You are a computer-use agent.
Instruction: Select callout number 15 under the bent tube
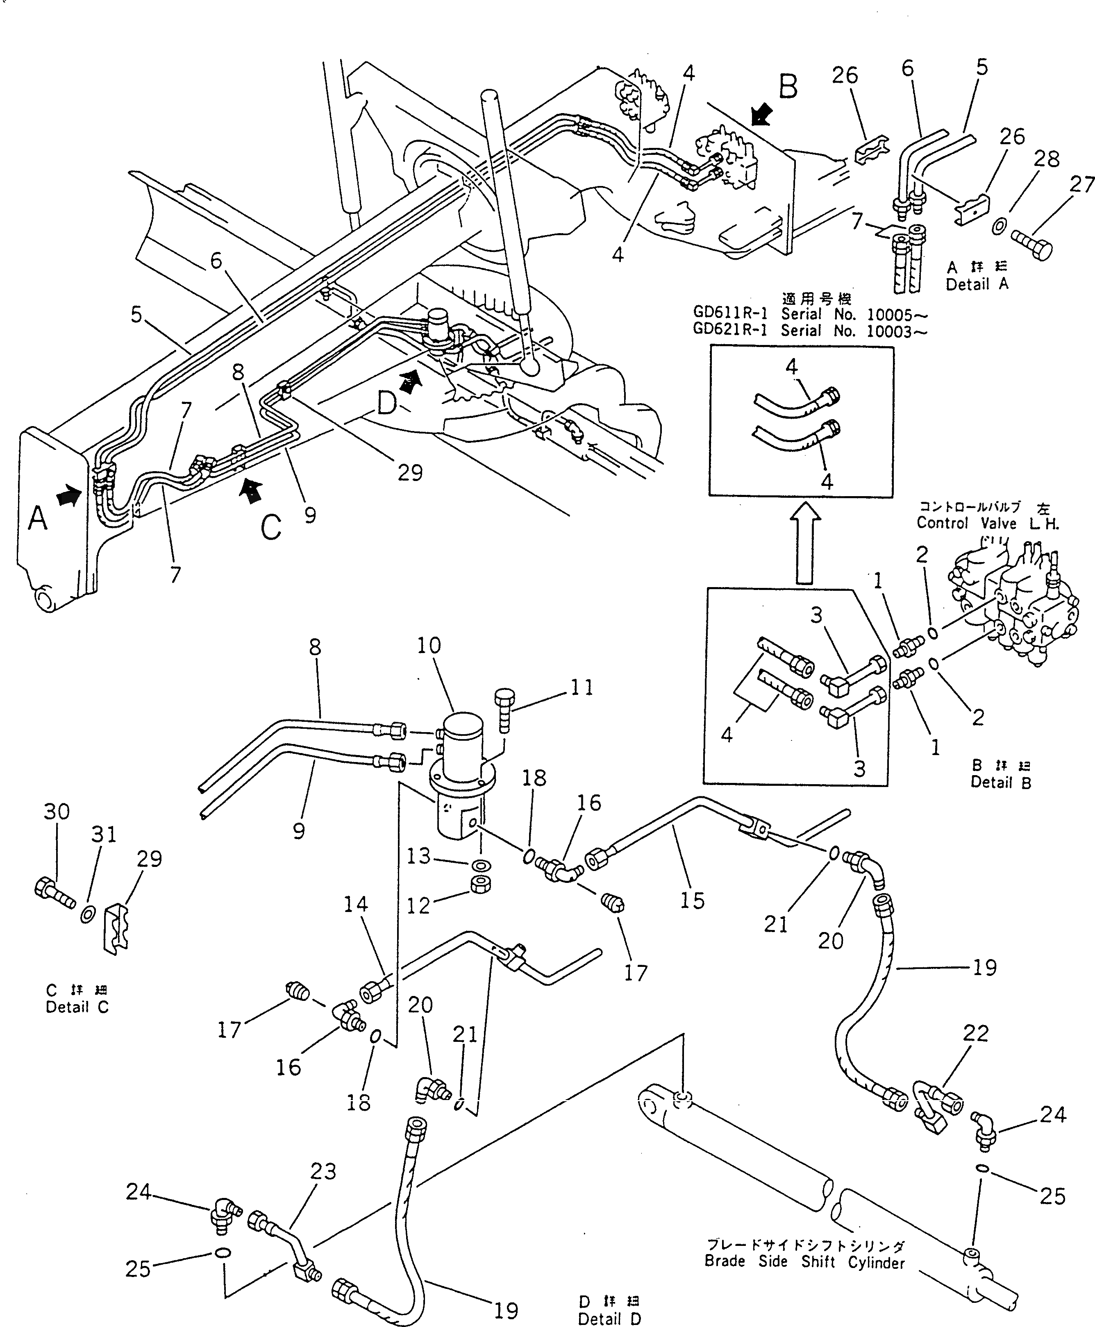(x=692, y=900)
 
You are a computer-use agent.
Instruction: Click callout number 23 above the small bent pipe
(x=324, y=1171)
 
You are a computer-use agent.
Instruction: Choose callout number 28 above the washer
(x=1046, y=159)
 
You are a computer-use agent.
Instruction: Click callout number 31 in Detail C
(x=104, y=835)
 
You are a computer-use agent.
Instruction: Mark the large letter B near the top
(x=788, y=86)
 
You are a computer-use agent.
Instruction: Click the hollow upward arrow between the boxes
(x=804, y=546)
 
